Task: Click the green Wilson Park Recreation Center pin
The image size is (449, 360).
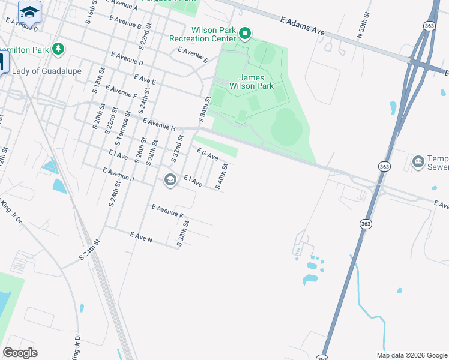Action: pos(244,32)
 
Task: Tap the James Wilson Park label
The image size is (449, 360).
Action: pos(256,82)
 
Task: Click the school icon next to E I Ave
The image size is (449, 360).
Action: pos(170,179)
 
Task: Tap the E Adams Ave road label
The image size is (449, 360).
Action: pos(302,25)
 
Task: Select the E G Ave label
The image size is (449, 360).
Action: pos(207,155)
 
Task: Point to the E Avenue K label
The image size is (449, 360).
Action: pos(169,211)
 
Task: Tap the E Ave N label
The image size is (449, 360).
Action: pos(141,238)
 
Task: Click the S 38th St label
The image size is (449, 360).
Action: pos(182,234)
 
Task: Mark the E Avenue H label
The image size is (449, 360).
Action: pos(159,124)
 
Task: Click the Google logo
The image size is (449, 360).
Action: pos(20,353)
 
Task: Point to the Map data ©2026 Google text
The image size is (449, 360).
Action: pos(412,355)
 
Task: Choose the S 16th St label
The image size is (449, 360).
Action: pos(91,13)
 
